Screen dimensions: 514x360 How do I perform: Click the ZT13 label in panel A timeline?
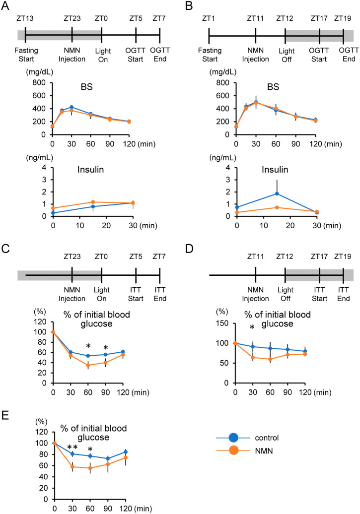coord(25,19)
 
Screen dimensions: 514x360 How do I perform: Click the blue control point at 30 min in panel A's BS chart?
coord(72,107)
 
